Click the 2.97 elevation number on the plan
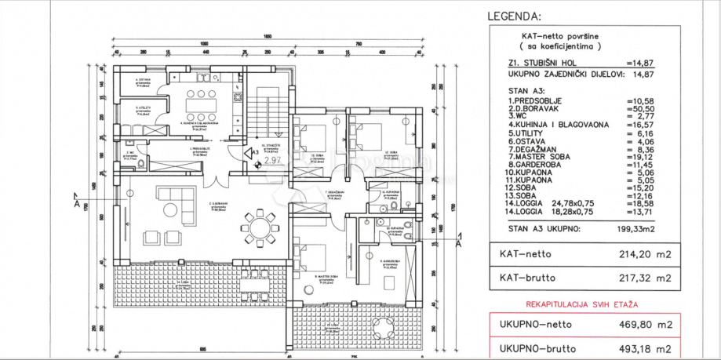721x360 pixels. pos(272,160)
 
